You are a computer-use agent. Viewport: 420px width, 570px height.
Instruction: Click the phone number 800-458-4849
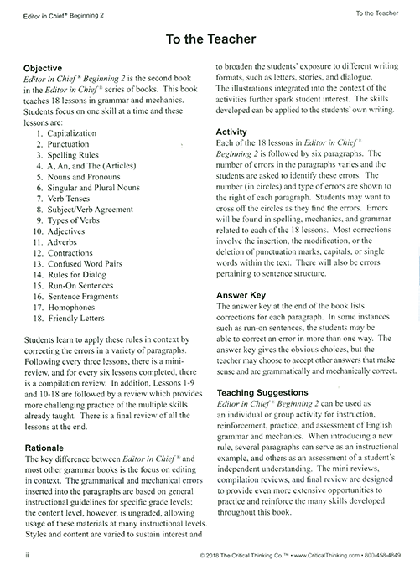(x=380, y=555)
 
